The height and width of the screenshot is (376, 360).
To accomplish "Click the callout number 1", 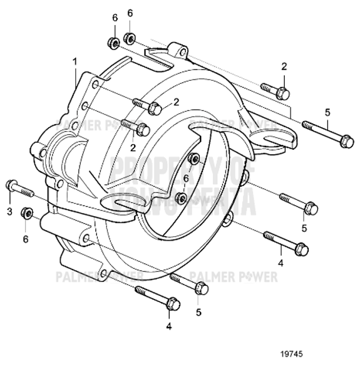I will pyautogui.click(x=75, y=61).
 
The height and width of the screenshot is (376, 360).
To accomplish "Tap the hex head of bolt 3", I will pyautogui.click(x=11, y=185).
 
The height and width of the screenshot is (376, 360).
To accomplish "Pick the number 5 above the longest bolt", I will pyautogui.click(x=327, y=112).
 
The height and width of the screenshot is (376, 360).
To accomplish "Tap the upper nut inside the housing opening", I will pyautogui.click(x=195, y=157).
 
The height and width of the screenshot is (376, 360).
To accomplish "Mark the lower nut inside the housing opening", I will pyautogui.click(x=181, y=199).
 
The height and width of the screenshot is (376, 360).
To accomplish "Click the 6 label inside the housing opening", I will pyautogui.click(x=185, y=179).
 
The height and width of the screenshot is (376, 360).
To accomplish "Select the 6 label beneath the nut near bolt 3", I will pyautogui.click(x=26, y=239).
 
